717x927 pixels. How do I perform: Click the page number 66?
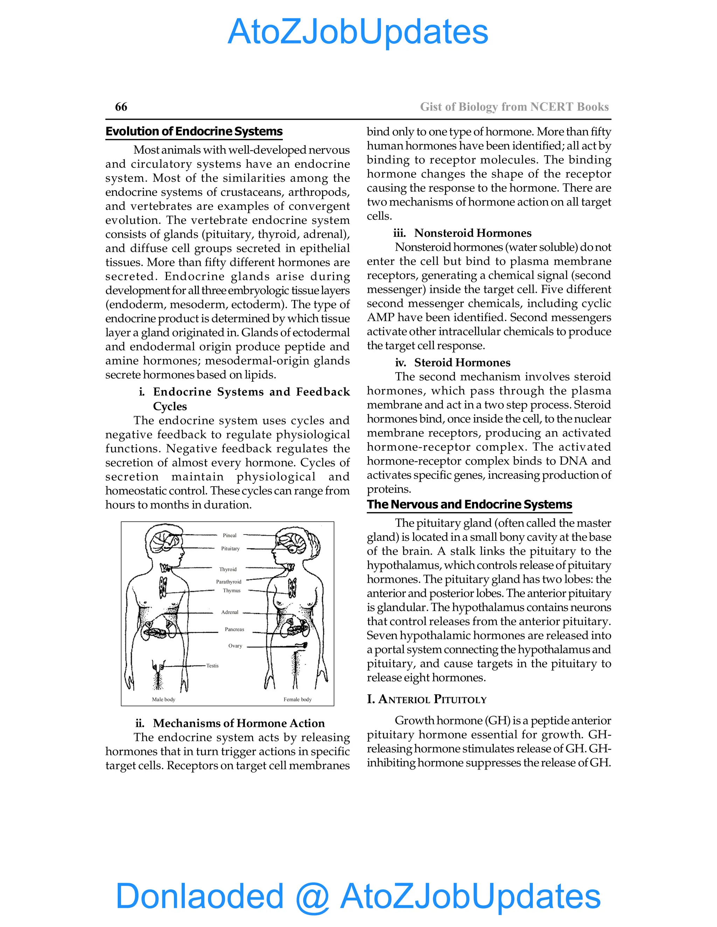pos(121,107)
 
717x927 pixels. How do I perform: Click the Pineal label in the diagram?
pos(229,535)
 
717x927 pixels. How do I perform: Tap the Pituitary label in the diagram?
pos(230,549)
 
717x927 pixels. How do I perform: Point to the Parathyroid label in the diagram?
pos(229,581)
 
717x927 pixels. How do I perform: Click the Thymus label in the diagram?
pos(231,590)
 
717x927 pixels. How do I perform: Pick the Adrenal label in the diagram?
pos(230,612)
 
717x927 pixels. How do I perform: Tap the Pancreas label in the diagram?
pos(235,629)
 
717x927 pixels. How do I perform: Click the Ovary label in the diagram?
pos(235,646)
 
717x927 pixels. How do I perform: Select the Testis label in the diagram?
pos(213,666)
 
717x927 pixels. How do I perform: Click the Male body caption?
pos(163,699)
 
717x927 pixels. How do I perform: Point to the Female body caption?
pos(297,699)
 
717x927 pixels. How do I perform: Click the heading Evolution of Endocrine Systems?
pos(194,132)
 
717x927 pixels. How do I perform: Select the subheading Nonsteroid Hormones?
pos(472,233)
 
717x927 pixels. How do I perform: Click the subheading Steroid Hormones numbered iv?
pos(462,362)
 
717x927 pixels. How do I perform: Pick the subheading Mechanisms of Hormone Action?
pos(239,723)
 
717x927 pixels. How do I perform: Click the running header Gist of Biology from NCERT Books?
pos(514,107)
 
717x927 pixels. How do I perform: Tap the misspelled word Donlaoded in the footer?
pos(199,896)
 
